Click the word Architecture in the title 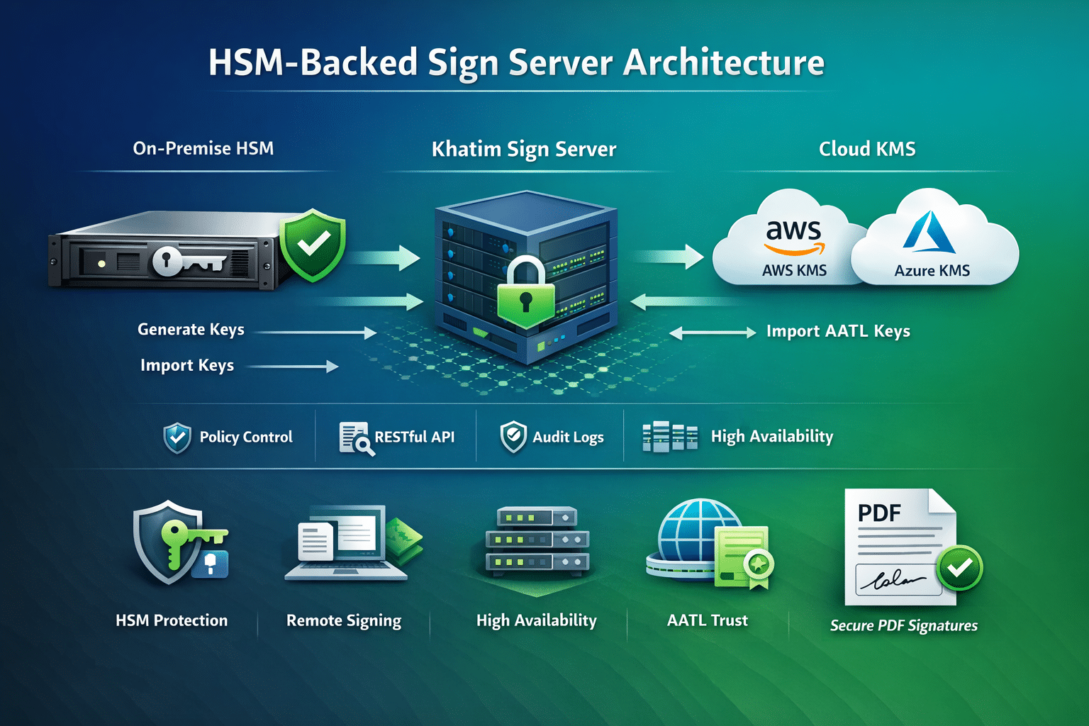point(723,62)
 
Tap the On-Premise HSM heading point(203,148)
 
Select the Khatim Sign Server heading point(524,149)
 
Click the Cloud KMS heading point(867,149)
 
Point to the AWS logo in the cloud point(794,235)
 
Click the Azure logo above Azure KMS point(929,233)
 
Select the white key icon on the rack point(188,261)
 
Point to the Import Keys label point(187,365)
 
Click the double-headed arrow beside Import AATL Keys point(713,333)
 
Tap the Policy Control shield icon point(177,437)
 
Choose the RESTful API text point(414,437)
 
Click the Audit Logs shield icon point(513,437)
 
